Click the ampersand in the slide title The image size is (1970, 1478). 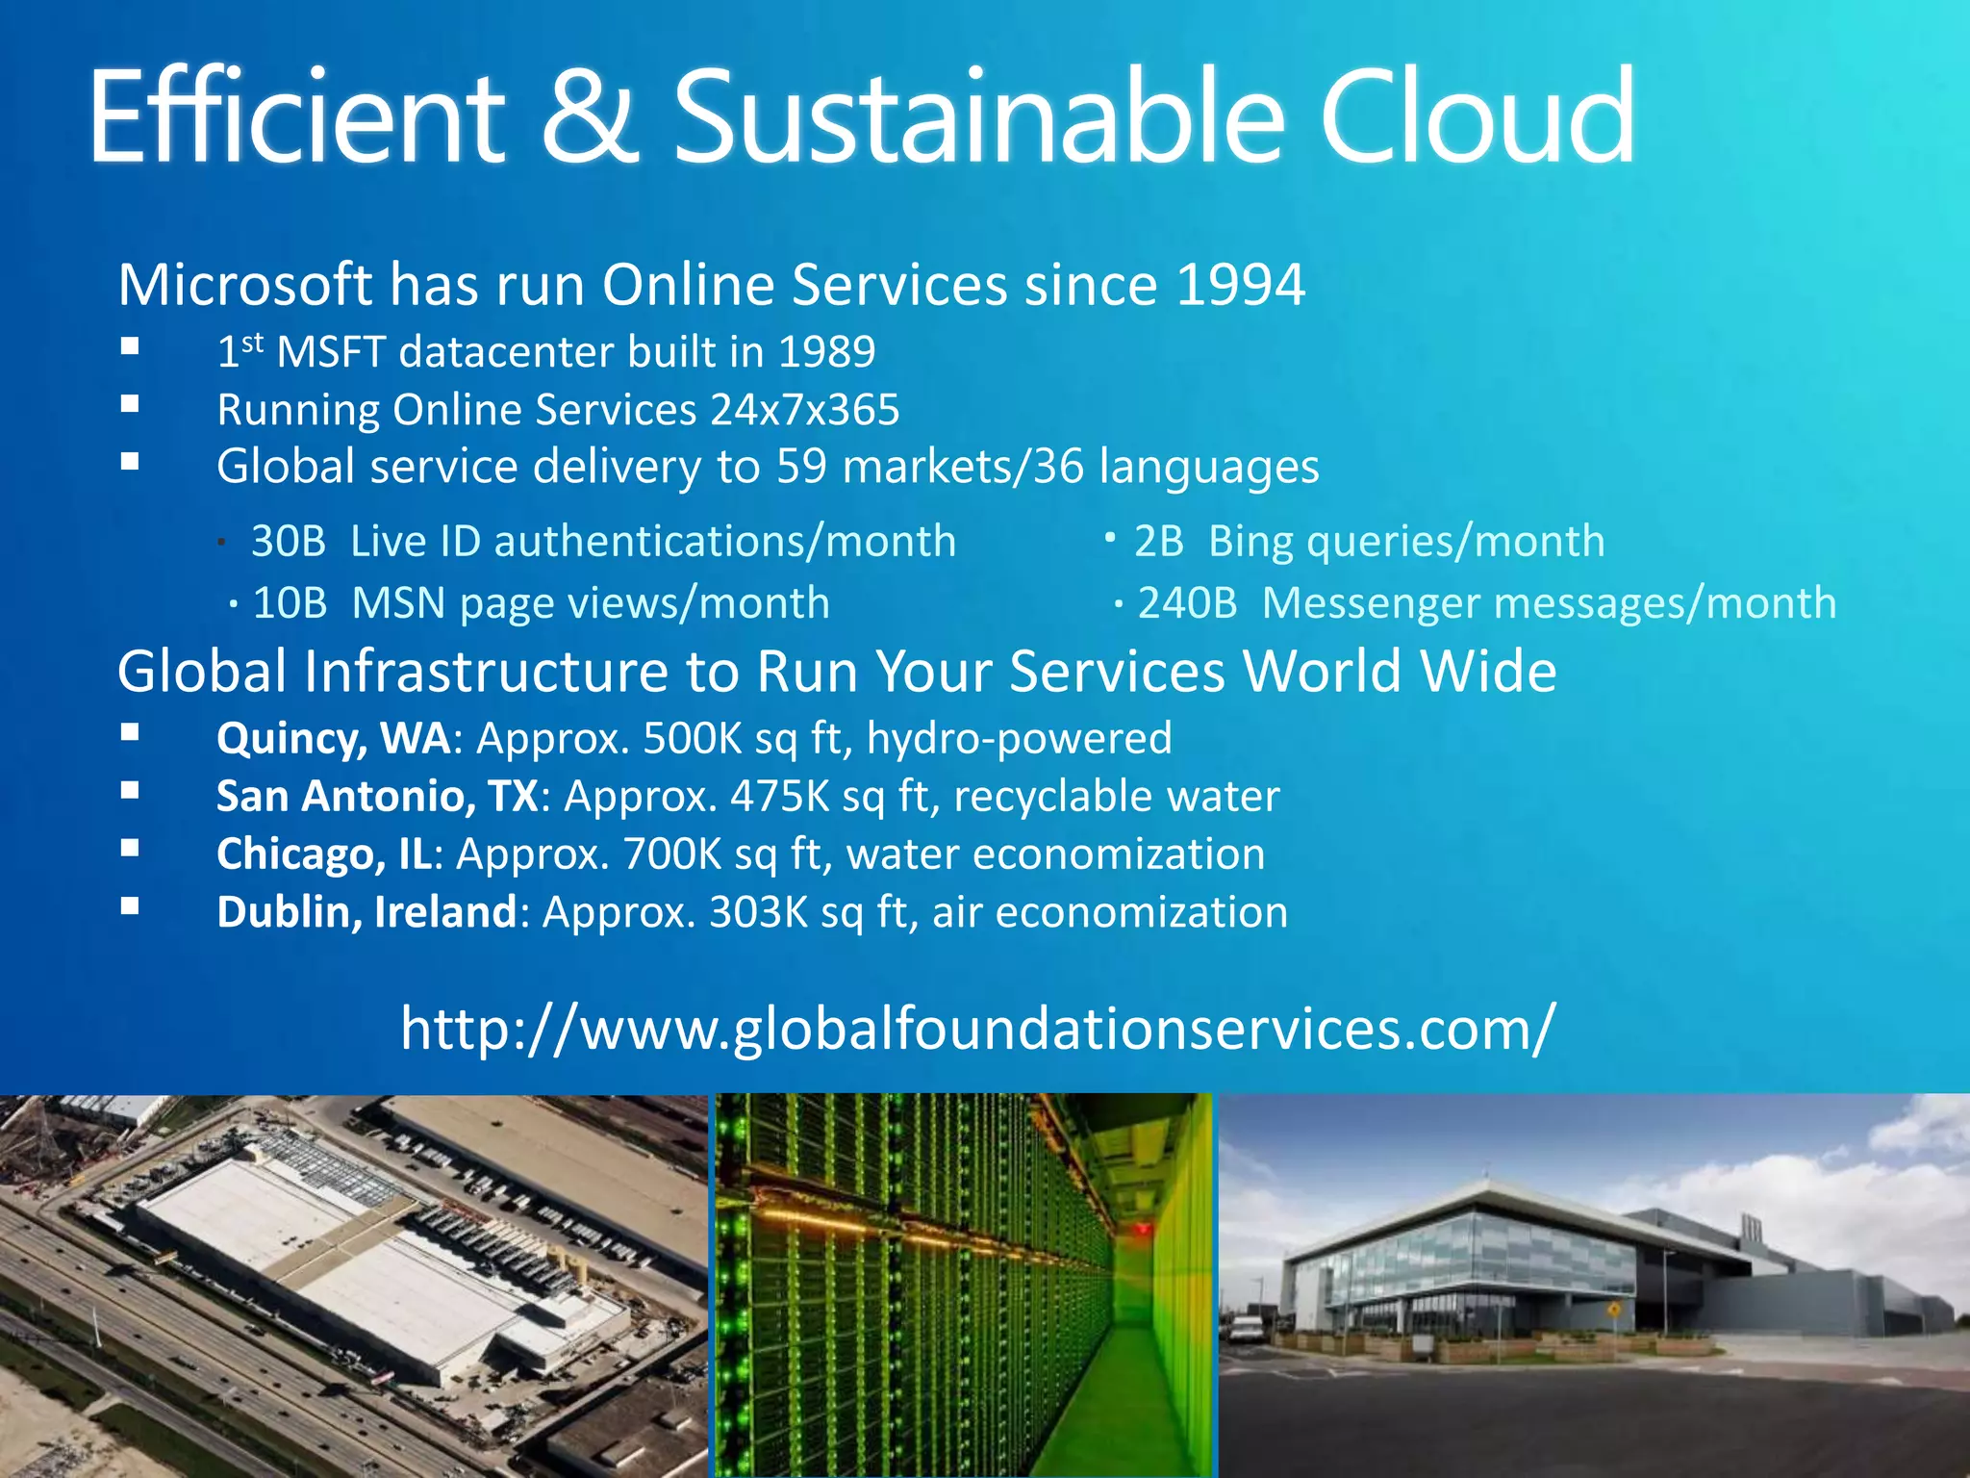pos(589,117)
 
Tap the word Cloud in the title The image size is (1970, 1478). pos(1476,117)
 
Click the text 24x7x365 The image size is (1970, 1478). pos(804,410)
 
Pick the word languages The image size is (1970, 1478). pos(1208,468)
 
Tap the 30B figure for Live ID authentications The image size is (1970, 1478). pos(289,542)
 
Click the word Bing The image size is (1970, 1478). pos(1250,542)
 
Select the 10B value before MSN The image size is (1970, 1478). pos(290,603)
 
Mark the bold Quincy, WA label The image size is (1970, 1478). pos(333,739)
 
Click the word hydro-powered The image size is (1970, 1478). pos(1019,739)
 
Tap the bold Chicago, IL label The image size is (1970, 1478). pos(324,854)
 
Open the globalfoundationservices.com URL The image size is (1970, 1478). pos(977,1029)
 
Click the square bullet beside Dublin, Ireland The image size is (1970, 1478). pos(131,905)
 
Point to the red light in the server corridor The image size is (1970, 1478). pos(1142,1229)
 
